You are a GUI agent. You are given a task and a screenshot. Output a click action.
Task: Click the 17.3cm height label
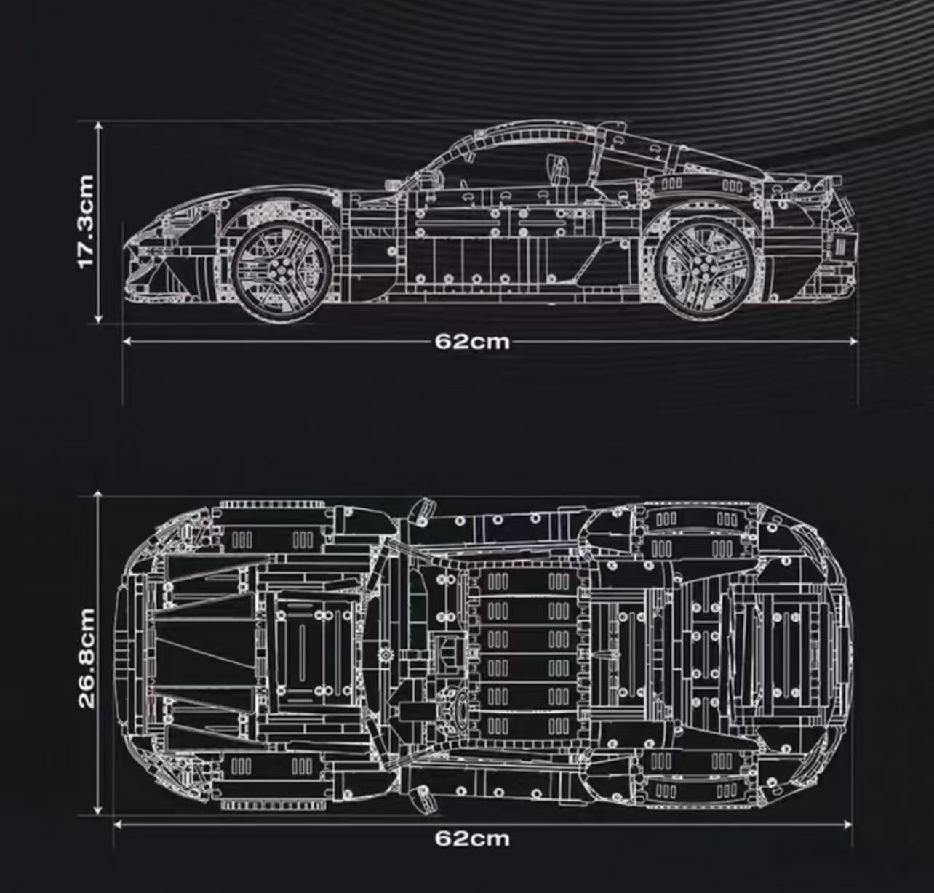(86, 221)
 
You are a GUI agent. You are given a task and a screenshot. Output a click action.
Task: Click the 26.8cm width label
(87, 658)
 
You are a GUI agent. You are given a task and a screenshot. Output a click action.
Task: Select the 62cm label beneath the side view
(473, 341)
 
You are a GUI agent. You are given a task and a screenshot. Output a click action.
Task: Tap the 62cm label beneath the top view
(473, 838)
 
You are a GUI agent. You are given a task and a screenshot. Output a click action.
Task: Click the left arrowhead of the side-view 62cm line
(127, 340)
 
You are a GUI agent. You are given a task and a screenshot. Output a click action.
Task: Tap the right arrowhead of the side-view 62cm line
(855, 340)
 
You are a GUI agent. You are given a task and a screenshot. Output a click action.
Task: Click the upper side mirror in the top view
(421, 511)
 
